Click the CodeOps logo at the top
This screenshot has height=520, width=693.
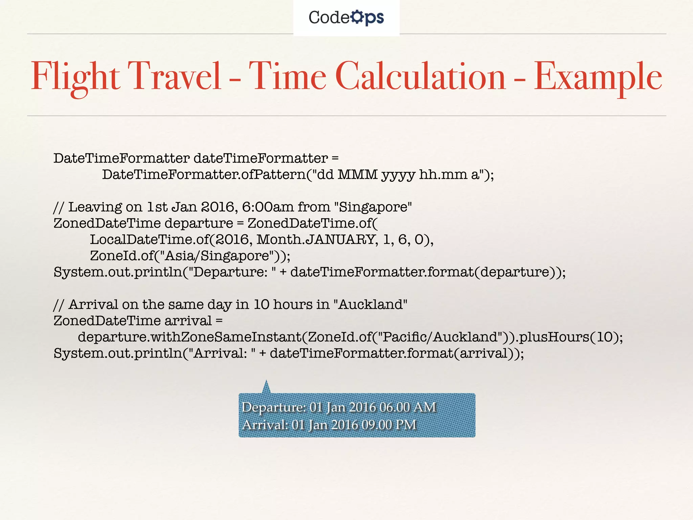click(346, 17)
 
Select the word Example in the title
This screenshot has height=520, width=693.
click(598, 77)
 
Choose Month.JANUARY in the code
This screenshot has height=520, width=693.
click(317, 239)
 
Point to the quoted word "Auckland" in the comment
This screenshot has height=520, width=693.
click(370, 304)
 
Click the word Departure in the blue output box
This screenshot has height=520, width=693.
click(273, 407)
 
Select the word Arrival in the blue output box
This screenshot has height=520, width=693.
click(264, 425)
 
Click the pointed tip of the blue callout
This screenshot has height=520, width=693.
click(266, 382)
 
